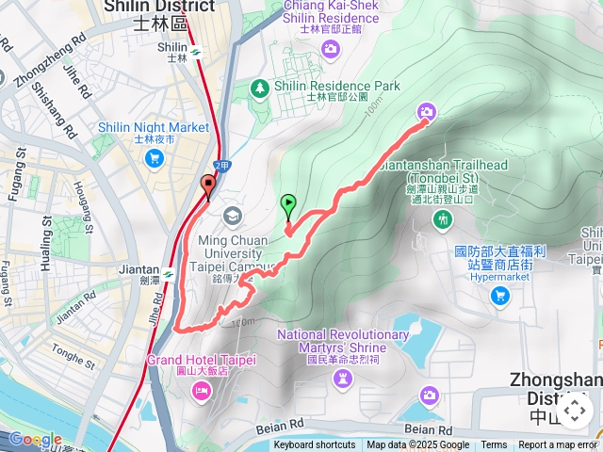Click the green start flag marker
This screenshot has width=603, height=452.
coord(287,202)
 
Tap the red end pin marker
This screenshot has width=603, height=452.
coord(208,185)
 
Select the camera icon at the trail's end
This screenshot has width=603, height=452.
coord(427,113)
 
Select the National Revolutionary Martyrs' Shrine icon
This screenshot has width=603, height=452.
coord(343,378)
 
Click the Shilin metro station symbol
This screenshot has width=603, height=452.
coord(194,51)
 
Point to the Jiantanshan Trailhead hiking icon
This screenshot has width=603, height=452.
coord(443,219)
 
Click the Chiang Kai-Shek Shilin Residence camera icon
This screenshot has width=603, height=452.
coord(329,48)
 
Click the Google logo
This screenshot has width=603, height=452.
coord(35,439)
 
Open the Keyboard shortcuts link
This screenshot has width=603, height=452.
coord(315,445)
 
